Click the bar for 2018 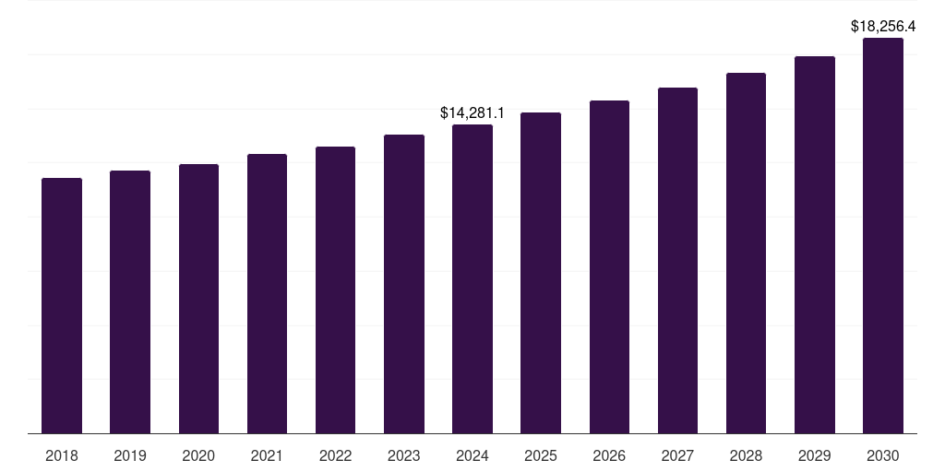point(62,305)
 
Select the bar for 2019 point(130,301)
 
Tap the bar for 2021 point(267,293)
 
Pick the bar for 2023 point(404,284)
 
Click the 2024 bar point(472,278)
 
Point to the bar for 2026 point(609,266)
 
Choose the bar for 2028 point(746,253)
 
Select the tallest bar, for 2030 point(883,235)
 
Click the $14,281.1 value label point(472,112)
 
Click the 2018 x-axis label point(62,455)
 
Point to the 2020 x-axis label point(198,455)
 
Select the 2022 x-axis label point(336,455)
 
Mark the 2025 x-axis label point(541,455)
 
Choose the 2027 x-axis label point(677,455)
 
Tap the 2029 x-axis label point(815,455)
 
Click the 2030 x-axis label point(883,455)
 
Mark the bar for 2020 point(198,299)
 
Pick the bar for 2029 point(815,244)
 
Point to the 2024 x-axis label point(472,455)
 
